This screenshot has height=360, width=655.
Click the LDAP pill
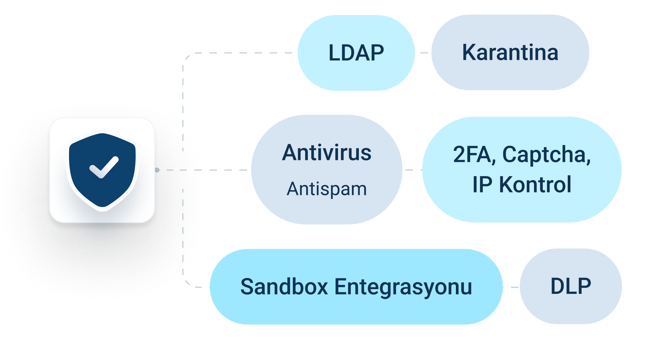pos(356,53)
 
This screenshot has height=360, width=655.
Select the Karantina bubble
pos(510,53)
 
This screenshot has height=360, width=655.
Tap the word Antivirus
pos(327,153)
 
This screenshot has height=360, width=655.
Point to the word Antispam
pos(327,189)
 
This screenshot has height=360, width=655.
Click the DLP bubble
pos(571,286)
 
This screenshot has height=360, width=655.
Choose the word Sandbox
pos(284,287)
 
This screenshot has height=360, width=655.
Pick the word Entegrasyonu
pos(403,287)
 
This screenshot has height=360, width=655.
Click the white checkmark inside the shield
pos(104,167)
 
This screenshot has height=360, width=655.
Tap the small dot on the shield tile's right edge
pos(157,170)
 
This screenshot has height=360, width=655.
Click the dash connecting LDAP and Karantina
pos(424,53)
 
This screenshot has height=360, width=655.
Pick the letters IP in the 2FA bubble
pos(482,185)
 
